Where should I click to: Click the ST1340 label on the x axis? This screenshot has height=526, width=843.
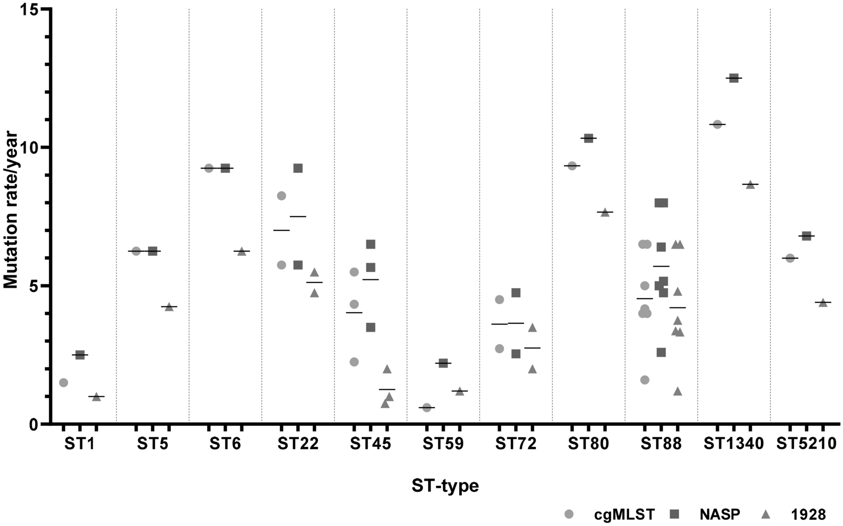coord(734,443)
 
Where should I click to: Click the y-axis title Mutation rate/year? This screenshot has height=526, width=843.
coord(11,210)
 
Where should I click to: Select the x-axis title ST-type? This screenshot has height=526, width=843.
coord(445,486)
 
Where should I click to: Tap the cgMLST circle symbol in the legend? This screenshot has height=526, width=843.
coord(569,514)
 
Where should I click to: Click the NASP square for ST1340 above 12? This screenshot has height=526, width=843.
coord(734,78)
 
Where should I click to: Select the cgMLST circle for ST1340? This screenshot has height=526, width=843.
coord(717,124)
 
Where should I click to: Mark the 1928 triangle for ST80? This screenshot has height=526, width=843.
coord(605,212)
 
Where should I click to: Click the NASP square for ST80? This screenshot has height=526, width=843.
coord(588,138)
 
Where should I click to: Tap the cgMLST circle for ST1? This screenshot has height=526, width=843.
coord(63,382)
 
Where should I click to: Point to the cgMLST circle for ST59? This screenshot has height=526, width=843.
coord(427,408)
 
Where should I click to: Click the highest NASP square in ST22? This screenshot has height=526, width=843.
coord(298,168)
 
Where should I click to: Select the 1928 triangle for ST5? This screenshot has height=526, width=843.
coord(169,306)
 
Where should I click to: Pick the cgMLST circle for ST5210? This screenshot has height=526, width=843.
coord(790,258)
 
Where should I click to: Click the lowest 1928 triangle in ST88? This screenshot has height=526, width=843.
coord(678,391)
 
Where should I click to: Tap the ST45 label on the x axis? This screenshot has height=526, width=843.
coord(370,443)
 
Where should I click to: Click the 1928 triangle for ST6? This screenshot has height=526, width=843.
coord(241,251)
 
